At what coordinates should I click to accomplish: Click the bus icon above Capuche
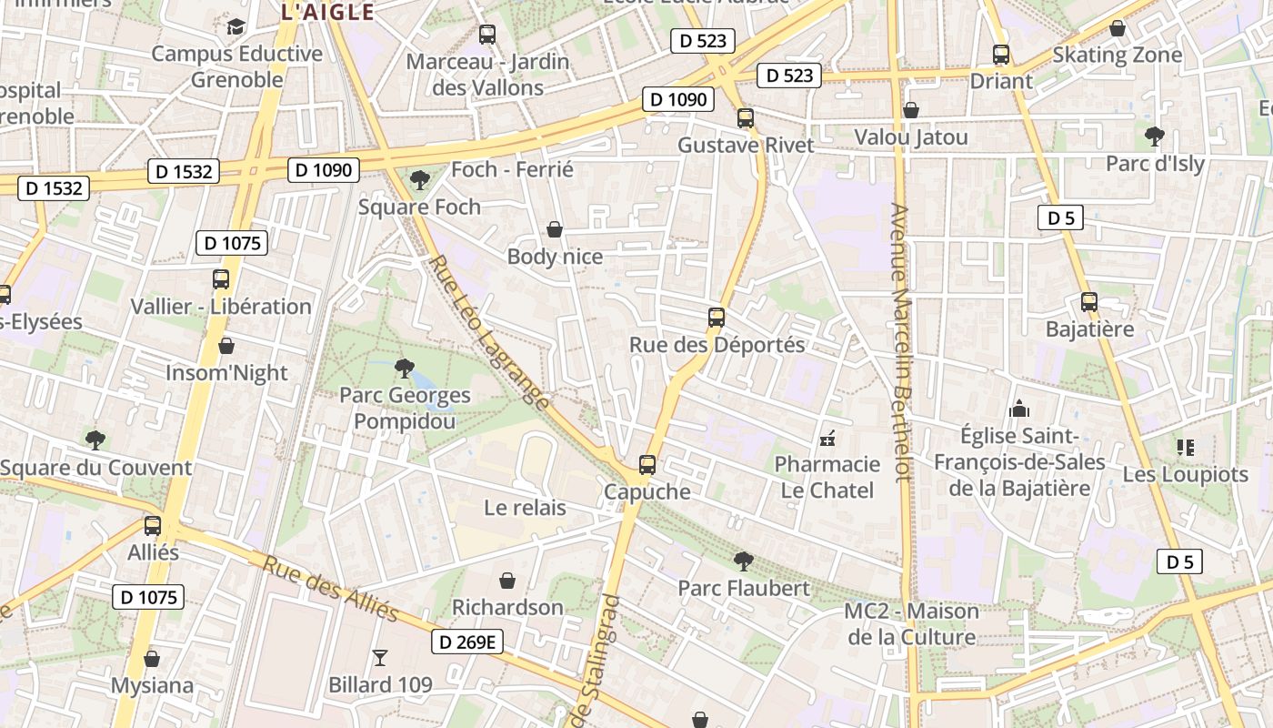[x=647, y=465]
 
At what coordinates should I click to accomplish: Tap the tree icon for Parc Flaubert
[x=743, y=561]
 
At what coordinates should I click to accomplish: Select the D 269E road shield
[x=466, y=642]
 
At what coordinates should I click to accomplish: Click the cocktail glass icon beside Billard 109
[x=380, y=657]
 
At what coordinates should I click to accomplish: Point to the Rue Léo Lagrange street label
[x=489, y=332]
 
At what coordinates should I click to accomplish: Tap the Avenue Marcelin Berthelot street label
[x=900, y=341]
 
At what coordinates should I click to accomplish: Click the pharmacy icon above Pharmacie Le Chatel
[x=827, y=440]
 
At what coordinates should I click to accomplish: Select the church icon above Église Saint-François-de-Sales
[x=1019, y=409]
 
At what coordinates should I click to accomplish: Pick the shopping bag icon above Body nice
[x=555, y=229]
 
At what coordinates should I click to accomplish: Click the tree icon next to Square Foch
[x=419, y=179]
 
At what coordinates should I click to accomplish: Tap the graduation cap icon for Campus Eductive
[x=236, y=26]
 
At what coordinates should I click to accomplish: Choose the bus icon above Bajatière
[x=1089, y=301]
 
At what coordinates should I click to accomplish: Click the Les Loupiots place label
[x=1185, y=474]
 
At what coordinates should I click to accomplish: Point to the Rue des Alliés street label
[x=331, y=589]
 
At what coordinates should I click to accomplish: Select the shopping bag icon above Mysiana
[x=152, y=658]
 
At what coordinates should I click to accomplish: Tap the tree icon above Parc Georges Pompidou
[x=405, y=369]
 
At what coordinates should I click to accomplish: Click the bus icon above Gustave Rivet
[x=746, y=117]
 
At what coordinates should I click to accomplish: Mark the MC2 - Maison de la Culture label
[x=911, y=623]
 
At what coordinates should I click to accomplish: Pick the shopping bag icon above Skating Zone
[x=1118, y=28]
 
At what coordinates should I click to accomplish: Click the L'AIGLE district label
[x=327, y=12]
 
